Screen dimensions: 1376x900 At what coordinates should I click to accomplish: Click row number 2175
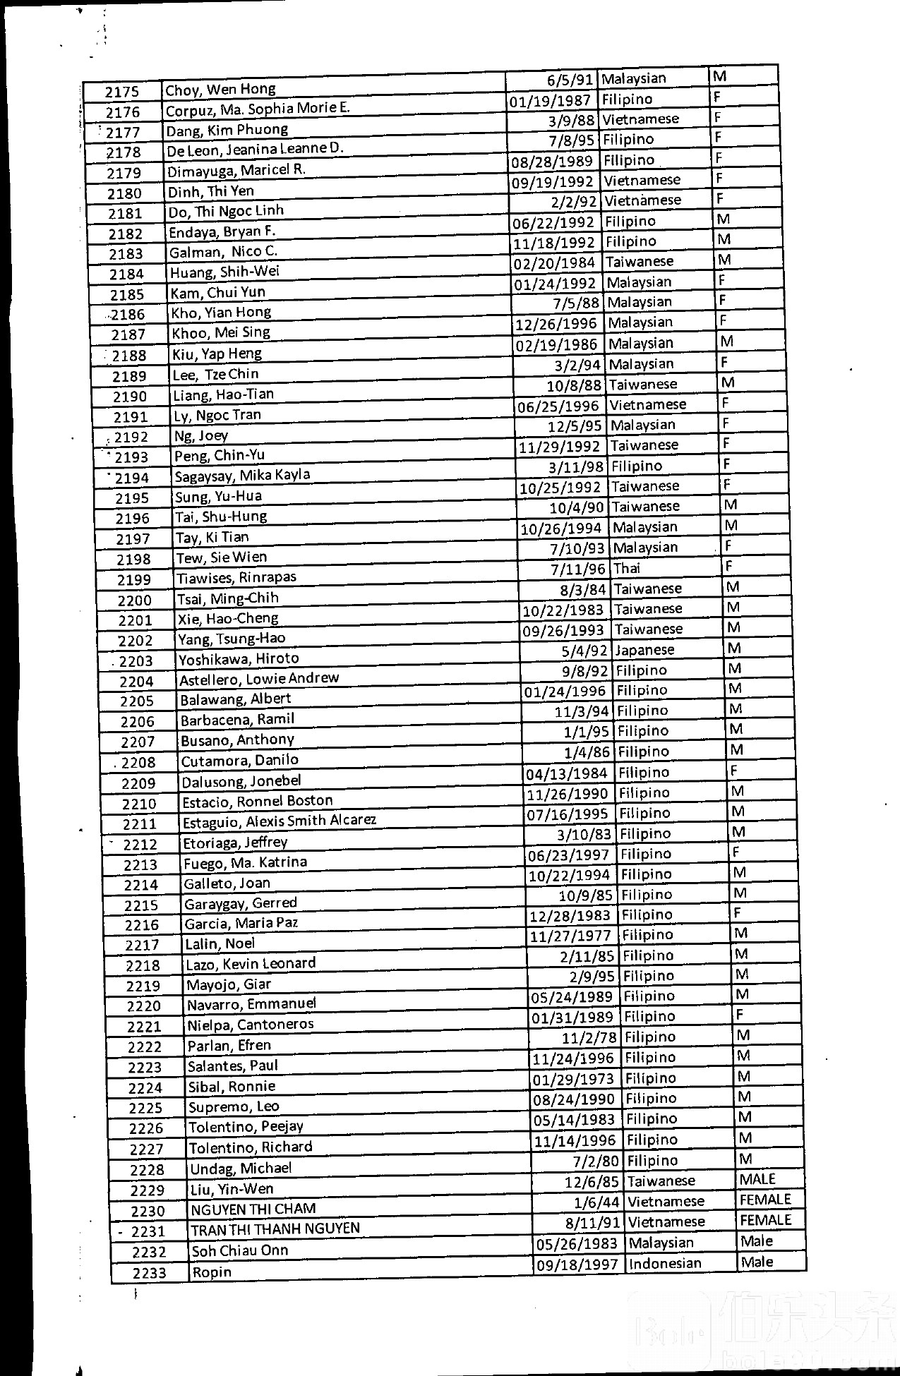(122, 92)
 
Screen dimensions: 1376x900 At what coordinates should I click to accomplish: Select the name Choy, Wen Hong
(220, 90)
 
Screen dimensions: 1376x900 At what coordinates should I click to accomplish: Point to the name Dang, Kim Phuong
(227, 131)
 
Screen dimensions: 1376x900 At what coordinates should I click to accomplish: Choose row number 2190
(130, 397)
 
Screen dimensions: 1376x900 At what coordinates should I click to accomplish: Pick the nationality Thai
(626, 568)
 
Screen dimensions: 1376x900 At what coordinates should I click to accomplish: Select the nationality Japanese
(644, 650)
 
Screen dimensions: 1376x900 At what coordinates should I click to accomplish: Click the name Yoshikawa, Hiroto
(239, 659)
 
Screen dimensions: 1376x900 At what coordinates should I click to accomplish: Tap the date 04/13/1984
(567, 773)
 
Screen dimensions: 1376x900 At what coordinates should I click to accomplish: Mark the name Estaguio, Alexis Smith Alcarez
(280, 821)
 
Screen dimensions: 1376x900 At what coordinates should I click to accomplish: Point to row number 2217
(142, 945)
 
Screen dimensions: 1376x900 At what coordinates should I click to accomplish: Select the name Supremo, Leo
(233, 1106)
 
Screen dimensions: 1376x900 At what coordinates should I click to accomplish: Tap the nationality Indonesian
(665, 1263)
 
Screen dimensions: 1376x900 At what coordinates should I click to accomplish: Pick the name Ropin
(212, 1272)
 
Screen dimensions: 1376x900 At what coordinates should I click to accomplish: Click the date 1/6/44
(599, 1202)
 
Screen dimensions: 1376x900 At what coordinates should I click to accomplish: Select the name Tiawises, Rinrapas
(236, 578)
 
